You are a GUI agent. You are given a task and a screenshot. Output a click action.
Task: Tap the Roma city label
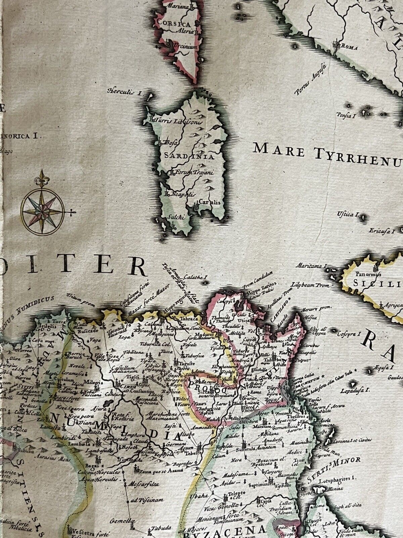tap(348, 47)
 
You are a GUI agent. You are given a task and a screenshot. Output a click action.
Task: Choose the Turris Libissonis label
tap(178, 122)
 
